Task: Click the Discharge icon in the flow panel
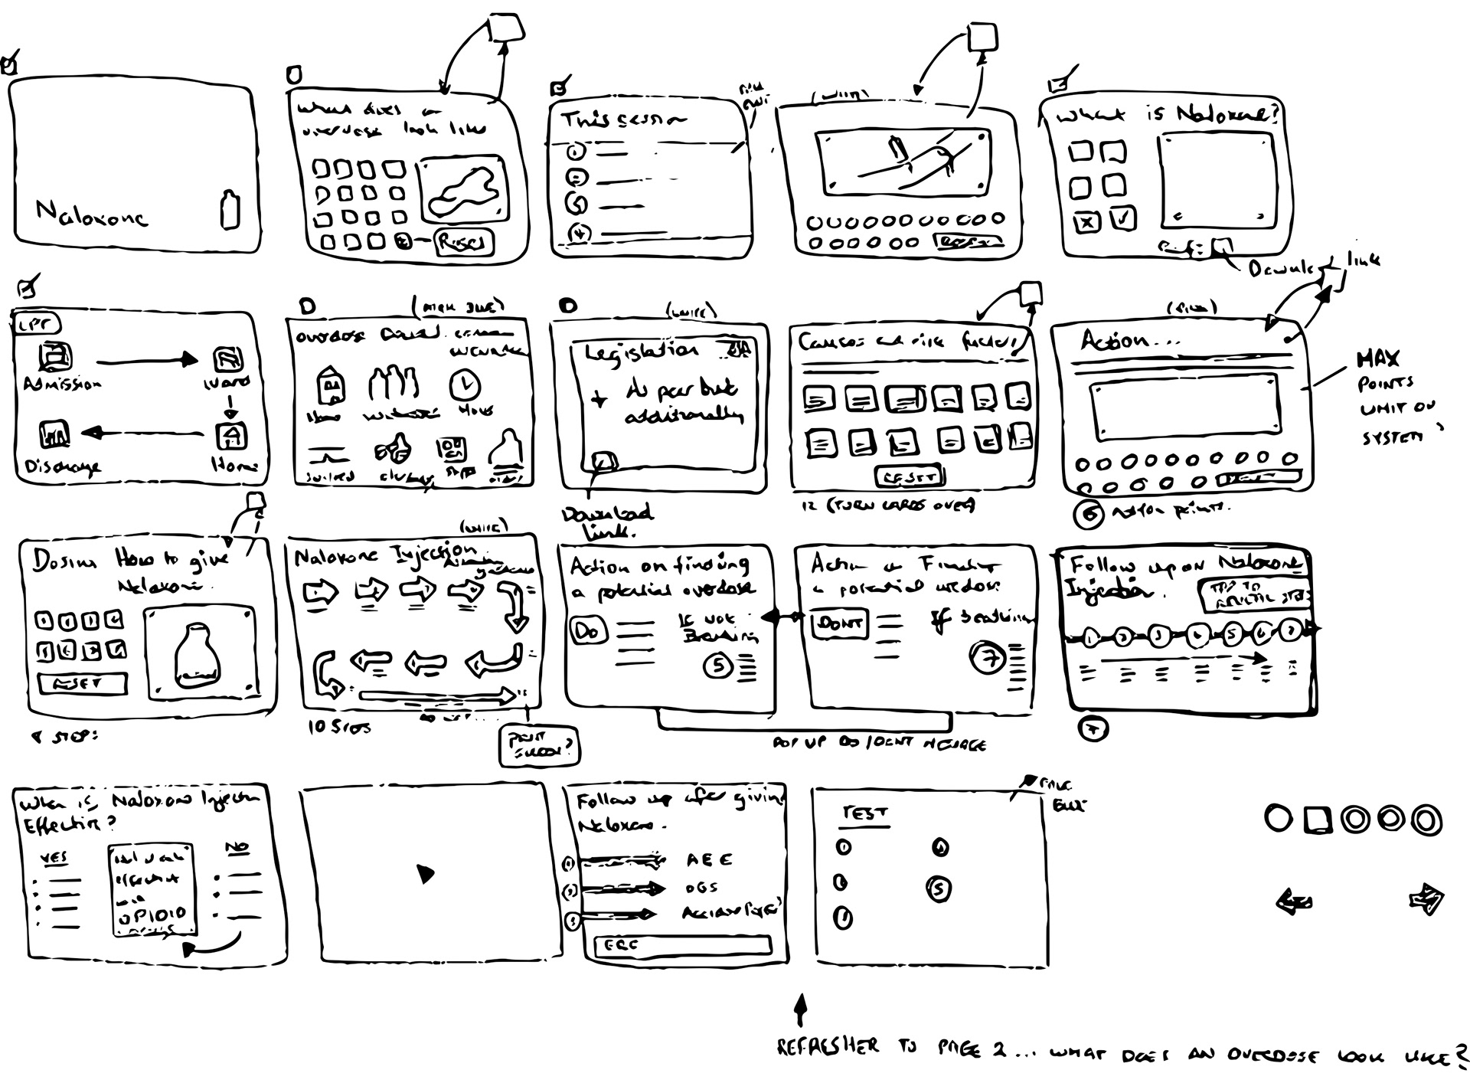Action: pos(54,435)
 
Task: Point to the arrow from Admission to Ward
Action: pos(145,359)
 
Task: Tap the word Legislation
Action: pos(642,352)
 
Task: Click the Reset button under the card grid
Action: pos(910,477)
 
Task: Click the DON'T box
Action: pos(838,623)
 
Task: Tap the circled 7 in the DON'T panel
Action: pos(987,658)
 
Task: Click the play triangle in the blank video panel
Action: pos(425,874)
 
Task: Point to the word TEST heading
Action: pos(864,813)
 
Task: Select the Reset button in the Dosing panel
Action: pos(82,683)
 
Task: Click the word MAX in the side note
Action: pos(1378,358)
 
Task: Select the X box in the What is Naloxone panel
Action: pos(1086,223)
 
